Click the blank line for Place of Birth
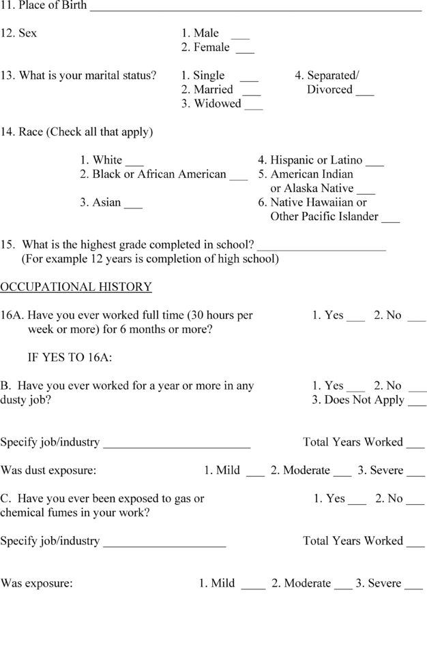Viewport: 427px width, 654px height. click(x=256, y=8)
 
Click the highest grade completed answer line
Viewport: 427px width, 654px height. click(x=321, y=247)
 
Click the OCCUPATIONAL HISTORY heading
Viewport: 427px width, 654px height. click(x=76, y=287)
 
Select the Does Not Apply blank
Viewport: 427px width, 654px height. click(x=417, y=403)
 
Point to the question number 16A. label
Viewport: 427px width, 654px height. click(x=12, y=315)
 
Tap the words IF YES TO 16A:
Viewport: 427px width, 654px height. click(x=70, y=358)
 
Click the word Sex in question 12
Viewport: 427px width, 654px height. click(x=28, y=33)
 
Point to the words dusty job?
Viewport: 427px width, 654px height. click(x=25, y=400)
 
